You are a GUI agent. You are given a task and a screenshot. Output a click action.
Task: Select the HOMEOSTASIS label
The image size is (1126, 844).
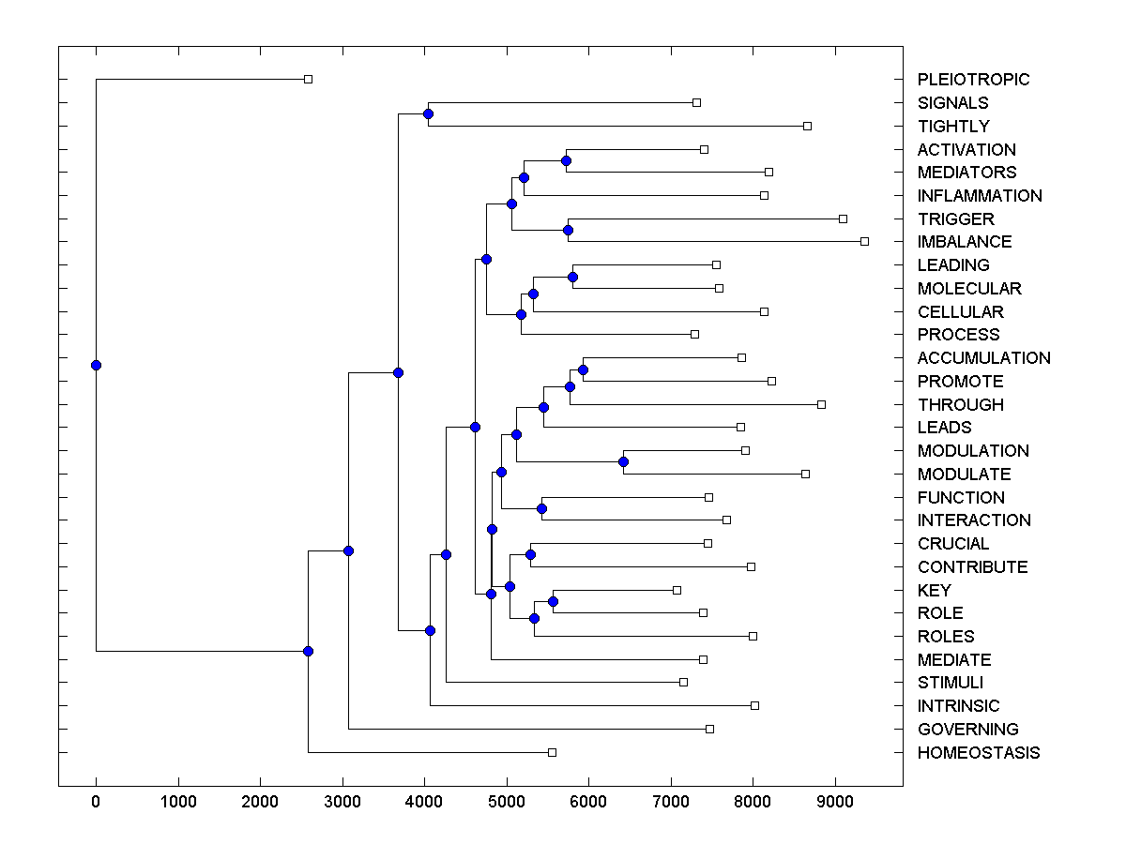point(979,753)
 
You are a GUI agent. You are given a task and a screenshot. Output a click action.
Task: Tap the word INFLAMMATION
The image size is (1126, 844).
point(980,196)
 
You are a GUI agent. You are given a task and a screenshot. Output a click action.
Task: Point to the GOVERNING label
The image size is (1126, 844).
point(967,730)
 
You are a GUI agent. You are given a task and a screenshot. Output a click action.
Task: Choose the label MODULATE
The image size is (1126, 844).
point(964,475)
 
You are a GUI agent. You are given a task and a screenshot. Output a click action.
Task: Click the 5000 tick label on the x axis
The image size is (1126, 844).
point(507,801)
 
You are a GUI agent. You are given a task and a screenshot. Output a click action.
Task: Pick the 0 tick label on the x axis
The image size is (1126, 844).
point(96,801)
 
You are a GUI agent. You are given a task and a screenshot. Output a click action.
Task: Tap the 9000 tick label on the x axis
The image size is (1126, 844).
point(835,801)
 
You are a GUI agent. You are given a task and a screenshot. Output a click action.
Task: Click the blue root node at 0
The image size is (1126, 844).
point(96,365)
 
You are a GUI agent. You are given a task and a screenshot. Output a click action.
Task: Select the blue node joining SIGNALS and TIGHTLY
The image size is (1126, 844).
point(428,114)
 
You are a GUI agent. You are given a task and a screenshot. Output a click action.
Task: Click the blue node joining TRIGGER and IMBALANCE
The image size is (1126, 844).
point(568,230)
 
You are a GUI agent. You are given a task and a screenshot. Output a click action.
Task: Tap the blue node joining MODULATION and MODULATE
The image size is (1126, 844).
point(623,461)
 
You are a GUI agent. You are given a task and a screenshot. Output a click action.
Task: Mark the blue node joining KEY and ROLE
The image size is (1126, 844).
point(553,601)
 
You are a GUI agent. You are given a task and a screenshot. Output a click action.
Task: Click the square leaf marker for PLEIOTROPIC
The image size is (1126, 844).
point(308,80)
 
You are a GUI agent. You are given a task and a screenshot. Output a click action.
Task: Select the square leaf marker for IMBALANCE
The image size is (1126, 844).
point(864,242)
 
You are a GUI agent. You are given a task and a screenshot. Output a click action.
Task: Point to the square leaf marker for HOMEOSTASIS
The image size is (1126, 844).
point(552,752)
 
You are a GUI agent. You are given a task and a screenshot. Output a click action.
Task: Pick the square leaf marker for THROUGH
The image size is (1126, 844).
point(821,404)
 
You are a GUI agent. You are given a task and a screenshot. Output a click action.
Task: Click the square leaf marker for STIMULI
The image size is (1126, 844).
point(683,682)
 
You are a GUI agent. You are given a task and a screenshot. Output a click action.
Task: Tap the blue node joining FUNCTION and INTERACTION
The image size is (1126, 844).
point(541,508)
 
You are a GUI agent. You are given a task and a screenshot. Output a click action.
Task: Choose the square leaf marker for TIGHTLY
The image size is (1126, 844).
point(807,126)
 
